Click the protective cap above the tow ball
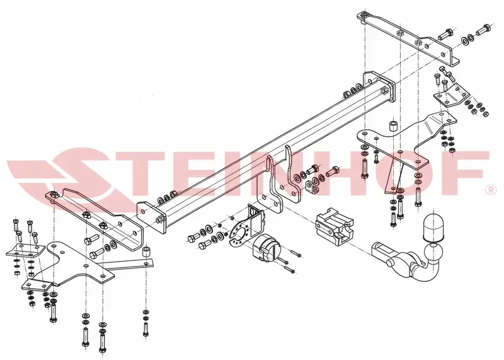click(x=433, y=227)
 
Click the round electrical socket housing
click(x=265, y=248)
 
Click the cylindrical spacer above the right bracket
click(x=393, y=126)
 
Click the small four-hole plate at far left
click(x=25, y=250)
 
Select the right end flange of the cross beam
click(x=379, y=87)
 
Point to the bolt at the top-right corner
click(x=483, y=30)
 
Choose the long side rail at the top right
click(x=408, y=39)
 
